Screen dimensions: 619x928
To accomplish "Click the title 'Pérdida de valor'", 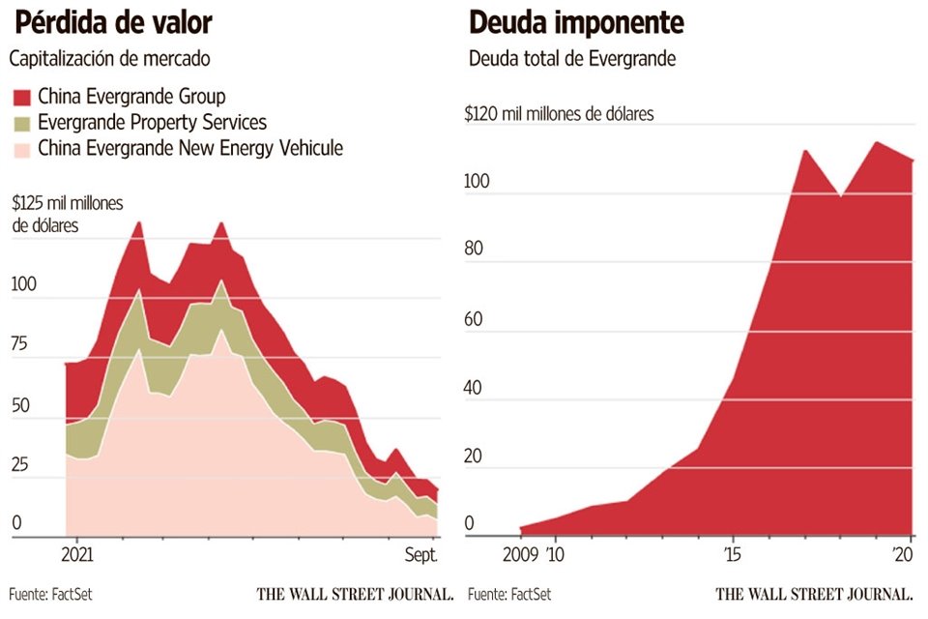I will pyautogui.click(x=112, y=22).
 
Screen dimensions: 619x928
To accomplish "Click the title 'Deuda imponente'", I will pyautogui.click(x=576, y=22).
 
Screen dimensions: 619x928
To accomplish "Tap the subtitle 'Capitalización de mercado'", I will pyautogui.click(x=109, y=58).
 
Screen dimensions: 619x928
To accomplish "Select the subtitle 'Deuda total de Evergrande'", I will pyautogui.click(x=572, y=58).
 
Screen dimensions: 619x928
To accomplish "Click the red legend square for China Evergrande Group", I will pyautogui.click(x=21, y=97).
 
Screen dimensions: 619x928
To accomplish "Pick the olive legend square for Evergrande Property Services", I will pyautogui.click(x=21, y=123).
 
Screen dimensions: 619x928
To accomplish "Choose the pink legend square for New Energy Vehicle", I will pyautogui.click(x=21, y=149).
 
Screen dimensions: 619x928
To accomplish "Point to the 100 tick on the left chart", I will pyautogui.click(x=22, y=285).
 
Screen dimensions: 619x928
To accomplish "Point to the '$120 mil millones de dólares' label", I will pyautogui.click(x=560, y=114).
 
